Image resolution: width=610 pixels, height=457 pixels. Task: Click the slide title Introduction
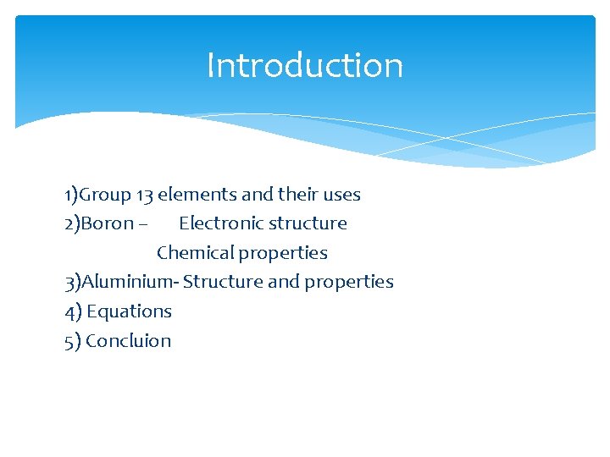coord(305,65)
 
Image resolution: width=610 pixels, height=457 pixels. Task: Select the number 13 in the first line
coord(145,195)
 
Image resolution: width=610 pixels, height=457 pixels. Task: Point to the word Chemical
coord(195,253)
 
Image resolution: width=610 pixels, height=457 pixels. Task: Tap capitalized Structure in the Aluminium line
coord(223,282)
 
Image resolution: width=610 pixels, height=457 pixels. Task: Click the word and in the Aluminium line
coord(283,282)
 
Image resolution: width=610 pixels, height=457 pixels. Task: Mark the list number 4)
coord(73,311)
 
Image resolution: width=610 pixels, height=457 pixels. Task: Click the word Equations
coord(129,311)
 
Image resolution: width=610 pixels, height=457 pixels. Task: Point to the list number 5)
coord(73,341)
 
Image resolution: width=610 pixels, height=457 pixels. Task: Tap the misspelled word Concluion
coord(128,341)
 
